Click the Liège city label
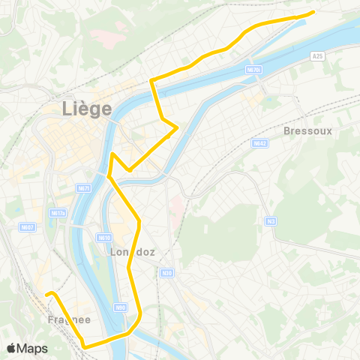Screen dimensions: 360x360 tap(86, 109)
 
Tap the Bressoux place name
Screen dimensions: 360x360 tap(307, 130)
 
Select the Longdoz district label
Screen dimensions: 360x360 tap(133, 253)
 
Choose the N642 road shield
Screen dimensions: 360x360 tap(259, 142)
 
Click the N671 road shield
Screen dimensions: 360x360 tap(83, 188)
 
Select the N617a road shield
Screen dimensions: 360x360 tap(58, 213)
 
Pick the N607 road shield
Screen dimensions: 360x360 tap(28, 227)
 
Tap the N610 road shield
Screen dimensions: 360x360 tap(103, 238)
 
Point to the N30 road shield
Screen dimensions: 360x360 tap(166, 273)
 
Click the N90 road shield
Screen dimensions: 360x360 tap(120, 307)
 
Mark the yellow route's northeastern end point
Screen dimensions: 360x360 tap(313, 12)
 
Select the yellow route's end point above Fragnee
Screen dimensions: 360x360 tap(46, 294)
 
